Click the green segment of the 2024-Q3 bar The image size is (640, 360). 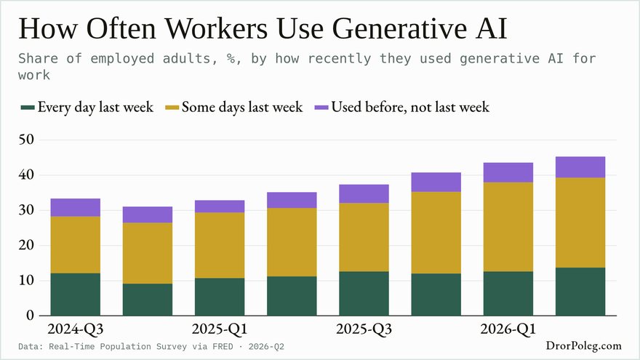(76, 295)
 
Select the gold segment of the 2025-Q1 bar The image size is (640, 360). (220, 245)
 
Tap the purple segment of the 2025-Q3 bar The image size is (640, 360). (364, 194)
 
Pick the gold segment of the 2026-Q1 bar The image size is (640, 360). (508, 227)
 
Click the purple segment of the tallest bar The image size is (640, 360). (580, 167)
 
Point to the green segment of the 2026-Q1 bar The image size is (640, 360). (508, 294)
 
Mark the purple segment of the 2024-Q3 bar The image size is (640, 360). (76, 207)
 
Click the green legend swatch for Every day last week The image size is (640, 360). (28, 108)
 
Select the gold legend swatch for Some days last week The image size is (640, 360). (172, 108)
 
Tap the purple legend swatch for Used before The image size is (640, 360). (321, 108)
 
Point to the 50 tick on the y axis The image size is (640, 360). (26, 140)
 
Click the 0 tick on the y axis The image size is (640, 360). (31, 315)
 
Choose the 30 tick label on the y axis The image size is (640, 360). (26, 209)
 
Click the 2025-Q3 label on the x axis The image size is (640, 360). (364, 329)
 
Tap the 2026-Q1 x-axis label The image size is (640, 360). (508, 329)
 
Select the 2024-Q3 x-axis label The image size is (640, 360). (76, 329)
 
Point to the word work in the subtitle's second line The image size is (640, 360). (34, 76)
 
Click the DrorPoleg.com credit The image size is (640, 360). (584, 345)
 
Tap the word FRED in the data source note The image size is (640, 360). (223, 346)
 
